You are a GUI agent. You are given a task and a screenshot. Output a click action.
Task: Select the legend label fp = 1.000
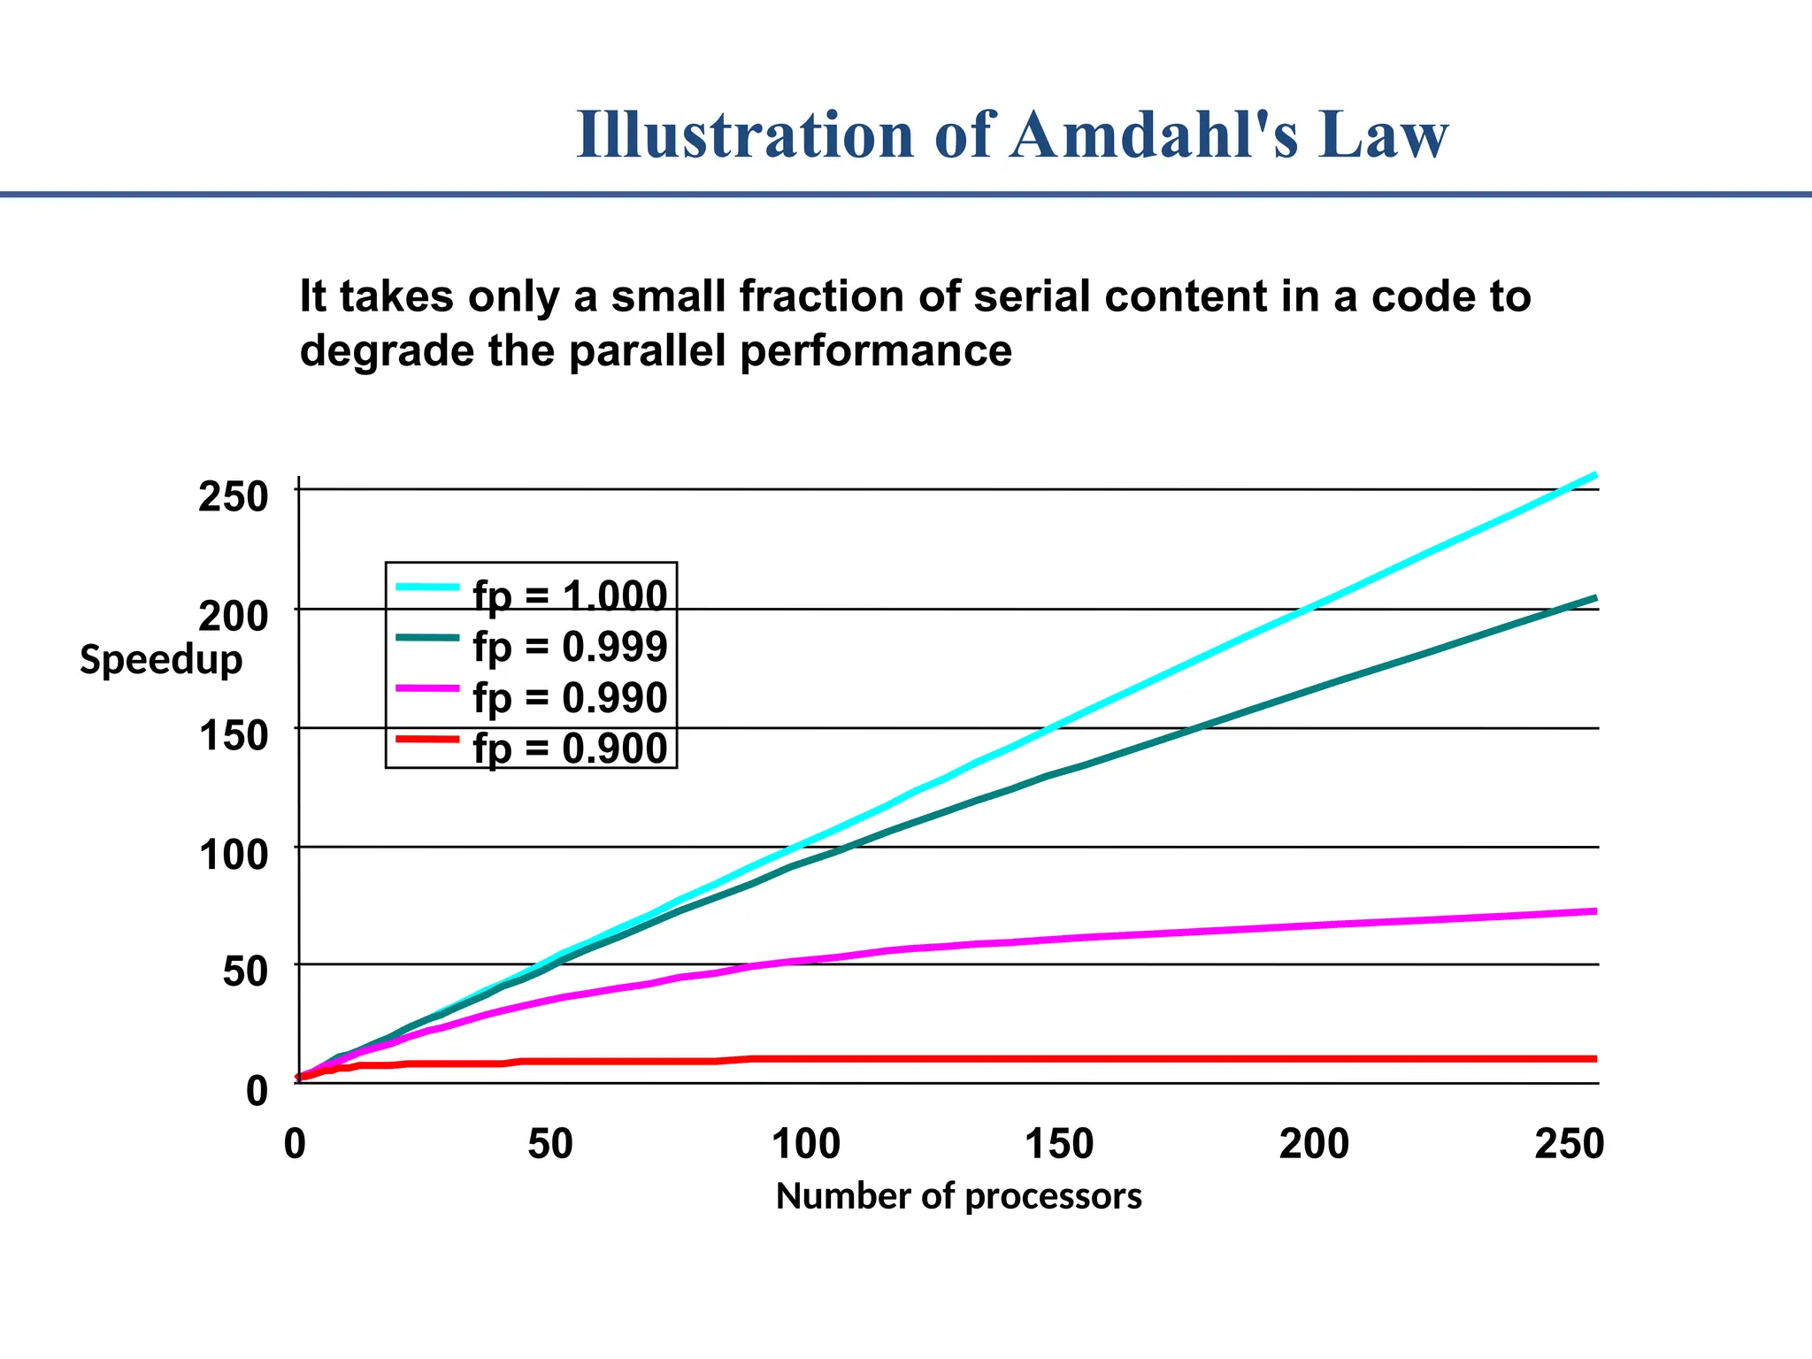click(570, 595)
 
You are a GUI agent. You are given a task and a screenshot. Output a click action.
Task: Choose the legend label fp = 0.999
click(570, 647)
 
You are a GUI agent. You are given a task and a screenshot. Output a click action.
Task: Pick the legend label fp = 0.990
click(570, 698)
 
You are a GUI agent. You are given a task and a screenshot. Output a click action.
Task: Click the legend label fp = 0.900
click(570, 749)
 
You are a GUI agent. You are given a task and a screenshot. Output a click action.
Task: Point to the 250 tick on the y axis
click(233, 496)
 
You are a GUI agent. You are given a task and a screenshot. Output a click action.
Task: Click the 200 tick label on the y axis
click(233, 616)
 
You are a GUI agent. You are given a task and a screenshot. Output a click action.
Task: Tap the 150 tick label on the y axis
click(233, 735)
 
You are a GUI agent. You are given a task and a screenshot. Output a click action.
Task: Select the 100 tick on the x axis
click(805, 1144)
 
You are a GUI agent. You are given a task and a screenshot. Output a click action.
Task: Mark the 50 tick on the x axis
click(550, 1144)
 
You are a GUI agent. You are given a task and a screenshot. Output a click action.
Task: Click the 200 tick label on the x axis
click(1314, 1144)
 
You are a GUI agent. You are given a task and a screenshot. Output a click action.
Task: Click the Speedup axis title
click(161, 660)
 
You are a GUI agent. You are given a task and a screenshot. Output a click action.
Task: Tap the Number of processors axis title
click(958, 1196)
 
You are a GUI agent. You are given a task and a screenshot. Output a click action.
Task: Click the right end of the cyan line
click(1594, 476)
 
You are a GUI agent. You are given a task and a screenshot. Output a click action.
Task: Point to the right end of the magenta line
click(1594, 910)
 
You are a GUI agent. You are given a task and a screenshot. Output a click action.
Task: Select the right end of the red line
click(1594, 1058)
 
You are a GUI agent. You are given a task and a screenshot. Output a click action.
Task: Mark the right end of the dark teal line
click(1594, 598)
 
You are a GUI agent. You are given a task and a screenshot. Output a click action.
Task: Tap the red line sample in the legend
click(428, 738)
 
